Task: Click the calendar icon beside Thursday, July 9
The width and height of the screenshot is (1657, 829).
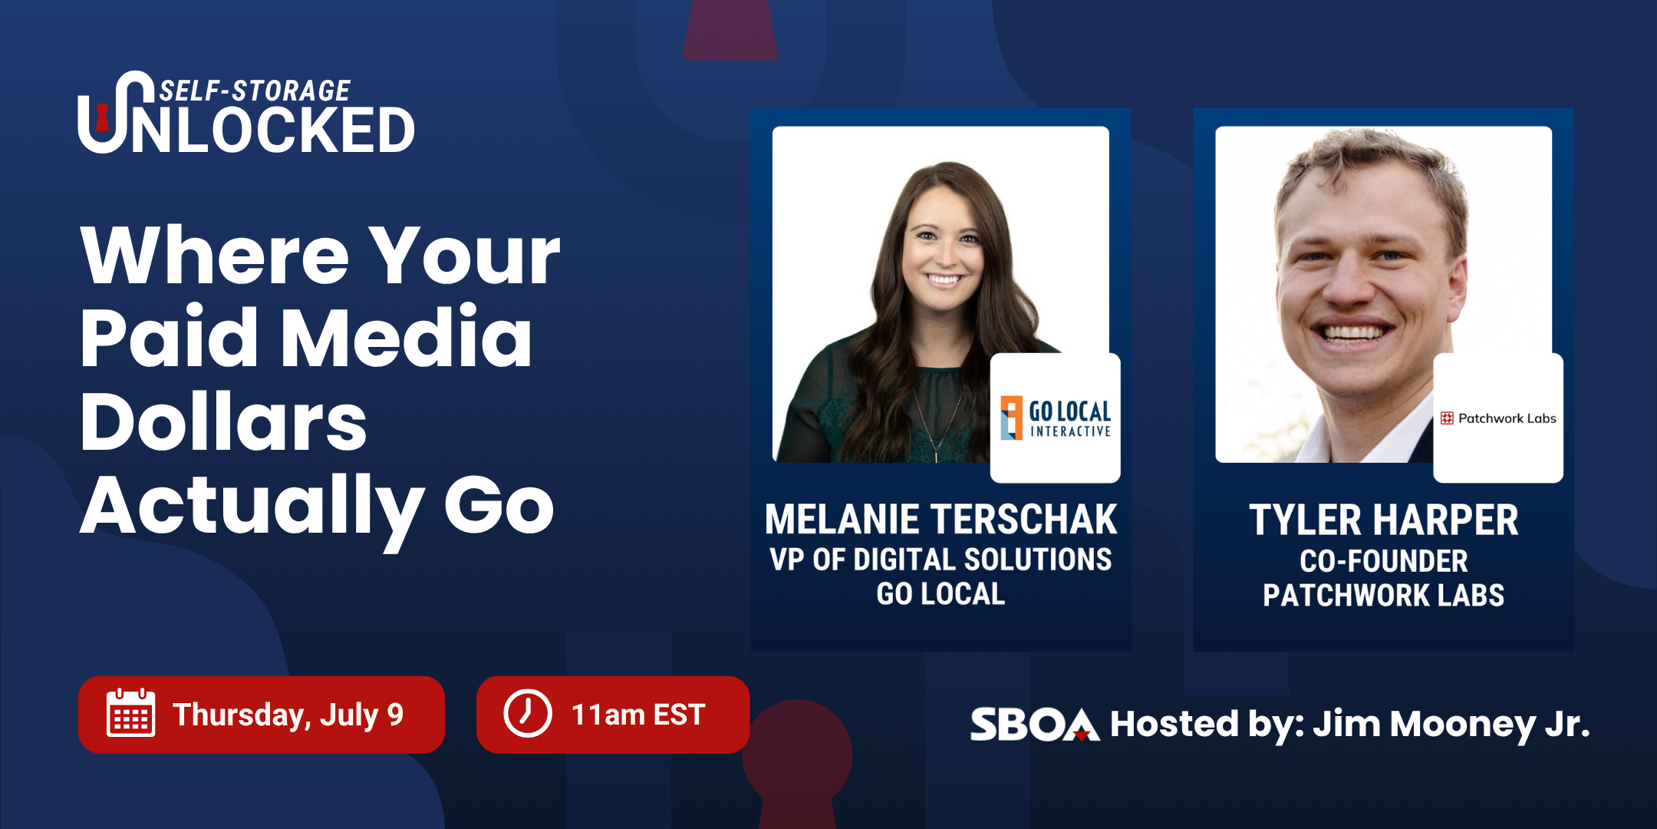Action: click(x=130, y=713)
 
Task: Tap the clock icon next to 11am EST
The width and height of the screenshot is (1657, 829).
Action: click(x=528, y=714)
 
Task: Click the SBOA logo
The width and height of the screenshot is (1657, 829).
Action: click(x=1035, y=724)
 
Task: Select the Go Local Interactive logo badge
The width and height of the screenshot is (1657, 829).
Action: click(x=1056, y=418)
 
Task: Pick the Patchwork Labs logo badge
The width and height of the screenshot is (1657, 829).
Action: click(x=1498, y=418)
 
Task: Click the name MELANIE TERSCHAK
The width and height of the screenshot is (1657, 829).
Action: click(x=941, y=520)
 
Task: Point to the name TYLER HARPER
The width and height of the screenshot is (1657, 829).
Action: click(x=1384, y=520)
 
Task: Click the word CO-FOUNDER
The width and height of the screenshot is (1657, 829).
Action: click(x=1384, y=561)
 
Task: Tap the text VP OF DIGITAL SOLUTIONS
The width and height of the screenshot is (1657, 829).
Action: click(x=941, y=560)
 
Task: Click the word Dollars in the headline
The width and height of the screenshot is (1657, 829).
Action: click(x=223, y=421)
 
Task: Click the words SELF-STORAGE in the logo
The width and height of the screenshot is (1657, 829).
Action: click(x=255, y=91)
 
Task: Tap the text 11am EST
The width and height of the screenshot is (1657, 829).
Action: click(x=638, y=715)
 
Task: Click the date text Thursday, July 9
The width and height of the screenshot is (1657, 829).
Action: click(x=288, y=715)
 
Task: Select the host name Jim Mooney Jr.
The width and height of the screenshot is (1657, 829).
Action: click(x=1451, y=724)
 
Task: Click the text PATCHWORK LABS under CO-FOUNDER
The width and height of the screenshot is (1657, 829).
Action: click(x=1384, y=596)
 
